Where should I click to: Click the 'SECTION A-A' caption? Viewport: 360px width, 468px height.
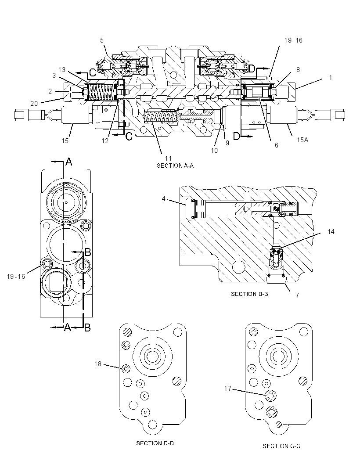pyautogui.click(x=175, y=166)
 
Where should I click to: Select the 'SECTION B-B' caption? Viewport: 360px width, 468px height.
pyautogui.click(x=249, y=294)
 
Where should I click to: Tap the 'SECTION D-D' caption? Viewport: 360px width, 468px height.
pyautogui.click(x=155, y=443)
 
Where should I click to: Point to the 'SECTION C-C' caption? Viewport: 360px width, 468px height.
pyautogui.click(x=281, y=446)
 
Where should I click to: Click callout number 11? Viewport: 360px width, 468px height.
pyautogui.click(x=168, y=158)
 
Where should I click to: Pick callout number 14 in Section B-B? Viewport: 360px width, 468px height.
pyautogui.click(x=331, y=232)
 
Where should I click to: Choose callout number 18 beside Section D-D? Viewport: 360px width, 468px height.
pyautogui.click(x=98, y=364)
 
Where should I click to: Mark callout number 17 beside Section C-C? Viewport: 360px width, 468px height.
pyautogui.click(x=228, y=388)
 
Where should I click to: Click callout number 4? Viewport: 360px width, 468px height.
pyautogui.click(x=164, y=198)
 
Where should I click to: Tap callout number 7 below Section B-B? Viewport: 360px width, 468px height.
pyautogui.click(x=297, y=295)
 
